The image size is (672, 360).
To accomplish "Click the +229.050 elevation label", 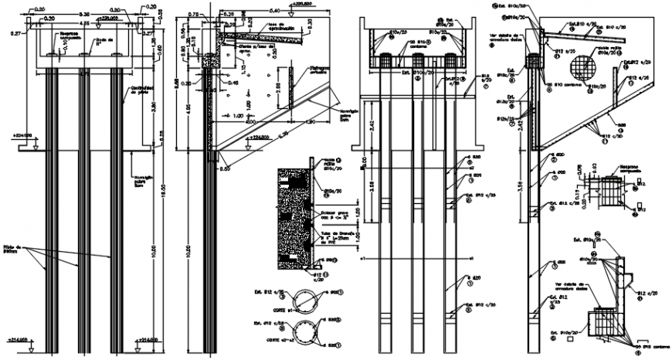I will [x=110, y=15].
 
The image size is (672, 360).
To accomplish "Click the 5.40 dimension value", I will [x=273, y=12].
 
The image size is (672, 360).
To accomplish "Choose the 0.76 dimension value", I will [x=192, y=14].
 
